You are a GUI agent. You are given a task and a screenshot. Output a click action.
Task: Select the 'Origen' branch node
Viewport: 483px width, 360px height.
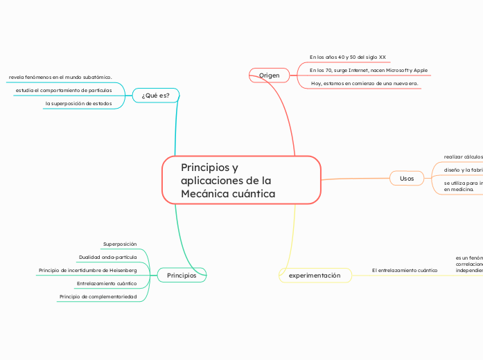click(x=269, y=74)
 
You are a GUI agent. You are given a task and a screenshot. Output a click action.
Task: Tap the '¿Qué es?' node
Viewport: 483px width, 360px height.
click(x=155, y=95)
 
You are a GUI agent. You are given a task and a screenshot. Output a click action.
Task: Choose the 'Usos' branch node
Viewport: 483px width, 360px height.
click(x=407, y=178)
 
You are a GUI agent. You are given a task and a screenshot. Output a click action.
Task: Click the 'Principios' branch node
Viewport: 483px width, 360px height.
click(x=182, y=275)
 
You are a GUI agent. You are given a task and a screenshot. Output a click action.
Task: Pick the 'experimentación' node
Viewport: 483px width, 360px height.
click(x=315, y=275)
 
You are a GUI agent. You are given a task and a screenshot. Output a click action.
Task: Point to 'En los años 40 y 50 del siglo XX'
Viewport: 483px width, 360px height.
click(x=347, y=57)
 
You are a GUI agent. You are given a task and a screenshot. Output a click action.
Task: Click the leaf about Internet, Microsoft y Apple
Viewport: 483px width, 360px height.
click(x=368, y=70)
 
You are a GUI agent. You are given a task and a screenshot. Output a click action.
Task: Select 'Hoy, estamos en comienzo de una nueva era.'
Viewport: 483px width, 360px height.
click(x=365, y=83)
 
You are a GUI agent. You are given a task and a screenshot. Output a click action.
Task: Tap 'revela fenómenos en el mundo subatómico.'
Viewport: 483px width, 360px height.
click(x=60, y=77)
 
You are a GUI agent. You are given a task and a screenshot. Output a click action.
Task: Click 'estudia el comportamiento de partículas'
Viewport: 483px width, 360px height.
click(x=64, y=90)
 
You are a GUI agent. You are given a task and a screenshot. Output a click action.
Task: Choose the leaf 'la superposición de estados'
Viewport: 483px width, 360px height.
click(x=78, y=103)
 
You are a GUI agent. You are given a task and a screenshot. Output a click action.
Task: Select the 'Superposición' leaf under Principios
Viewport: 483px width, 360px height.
click(x=120, y=244)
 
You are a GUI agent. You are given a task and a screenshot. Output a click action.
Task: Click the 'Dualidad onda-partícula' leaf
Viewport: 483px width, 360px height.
click(x=108, y=257)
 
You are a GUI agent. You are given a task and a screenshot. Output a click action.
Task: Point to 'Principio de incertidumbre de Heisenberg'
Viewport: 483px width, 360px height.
click(x=88, y=270)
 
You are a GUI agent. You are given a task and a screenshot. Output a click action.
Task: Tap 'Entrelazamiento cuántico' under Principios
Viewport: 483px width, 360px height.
click(x=107, y=283)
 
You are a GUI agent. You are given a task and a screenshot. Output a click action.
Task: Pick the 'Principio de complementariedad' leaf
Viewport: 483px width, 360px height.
click(x=98, y=296)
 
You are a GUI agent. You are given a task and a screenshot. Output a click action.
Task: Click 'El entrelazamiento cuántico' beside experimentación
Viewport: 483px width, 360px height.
click(x=405, y=270)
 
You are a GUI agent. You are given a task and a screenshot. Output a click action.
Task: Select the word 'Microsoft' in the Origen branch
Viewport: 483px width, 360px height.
click(x=398, y=70)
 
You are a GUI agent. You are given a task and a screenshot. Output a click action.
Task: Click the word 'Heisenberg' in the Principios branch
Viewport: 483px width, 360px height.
click(x=122, y=270)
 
